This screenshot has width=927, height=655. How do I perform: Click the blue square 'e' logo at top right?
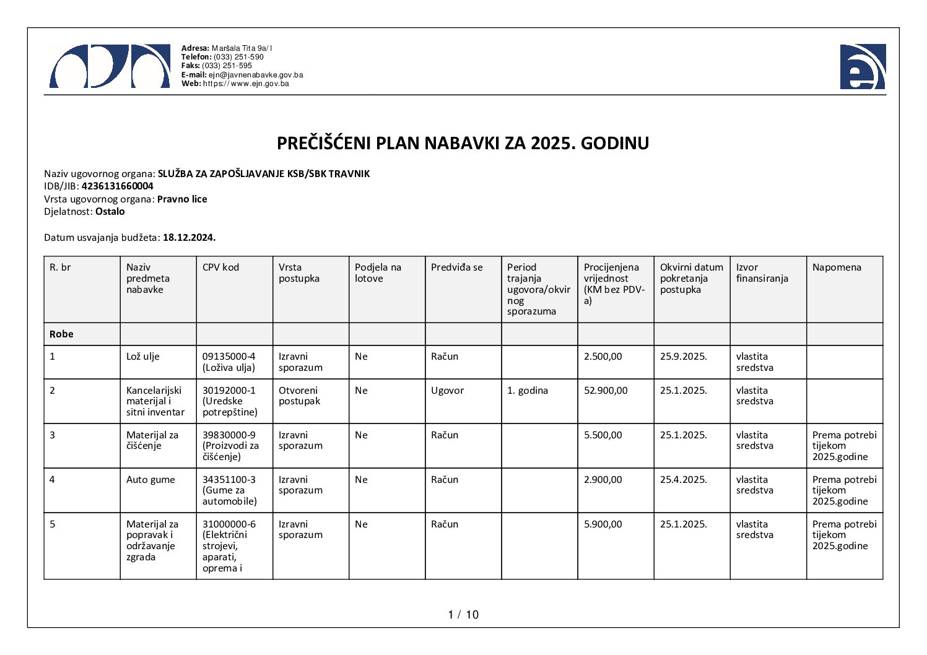[863, 67]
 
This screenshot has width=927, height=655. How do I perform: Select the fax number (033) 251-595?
[227, 66]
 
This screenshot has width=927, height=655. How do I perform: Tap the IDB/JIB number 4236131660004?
[117, 186]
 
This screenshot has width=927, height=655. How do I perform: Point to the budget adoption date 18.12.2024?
[189, 237]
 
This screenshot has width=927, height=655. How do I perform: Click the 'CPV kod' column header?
[220, 267]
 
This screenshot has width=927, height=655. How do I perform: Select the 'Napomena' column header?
[837, 267]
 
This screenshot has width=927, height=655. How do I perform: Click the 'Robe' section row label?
[61, 334]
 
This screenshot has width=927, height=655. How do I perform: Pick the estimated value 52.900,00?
[606, 391]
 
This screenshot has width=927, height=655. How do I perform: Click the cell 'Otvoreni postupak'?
[299, 396]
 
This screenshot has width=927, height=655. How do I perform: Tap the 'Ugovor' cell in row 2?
[447, 391]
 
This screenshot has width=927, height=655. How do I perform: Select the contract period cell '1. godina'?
[527, 391]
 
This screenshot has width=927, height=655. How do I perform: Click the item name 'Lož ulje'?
[143, 357]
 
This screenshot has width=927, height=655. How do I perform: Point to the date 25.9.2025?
[683, 357]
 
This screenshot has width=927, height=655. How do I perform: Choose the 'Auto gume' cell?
[150, 480]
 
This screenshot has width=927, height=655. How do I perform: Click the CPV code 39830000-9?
[228, 435]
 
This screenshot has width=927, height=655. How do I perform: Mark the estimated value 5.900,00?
[603, 524]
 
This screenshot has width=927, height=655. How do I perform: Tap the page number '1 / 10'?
[463, 615]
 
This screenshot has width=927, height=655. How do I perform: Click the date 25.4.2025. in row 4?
[683, 480]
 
